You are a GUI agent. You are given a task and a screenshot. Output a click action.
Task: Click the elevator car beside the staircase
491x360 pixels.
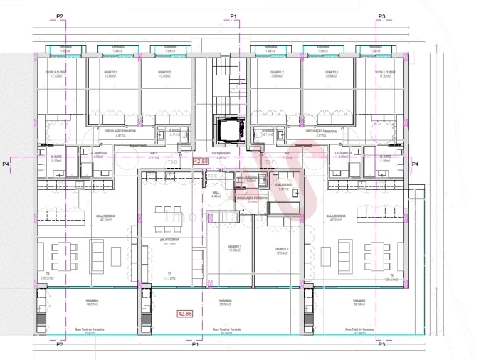(228, 130)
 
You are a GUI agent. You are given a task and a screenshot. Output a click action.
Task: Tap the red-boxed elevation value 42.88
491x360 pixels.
(200, 162)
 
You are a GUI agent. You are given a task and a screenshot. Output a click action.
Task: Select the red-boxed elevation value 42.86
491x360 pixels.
(185, 313)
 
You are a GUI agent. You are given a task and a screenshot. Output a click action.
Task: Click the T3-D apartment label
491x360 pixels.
(172, 162)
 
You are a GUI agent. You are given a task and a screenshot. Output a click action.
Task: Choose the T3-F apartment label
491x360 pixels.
(270, 162)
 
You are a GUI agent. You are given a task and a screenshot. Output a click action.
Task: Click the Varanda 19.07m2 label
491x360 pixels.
(91, 302)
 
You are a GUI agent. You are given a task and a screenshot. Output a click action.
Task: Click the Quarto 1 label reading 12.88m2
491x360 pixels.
(234, 248)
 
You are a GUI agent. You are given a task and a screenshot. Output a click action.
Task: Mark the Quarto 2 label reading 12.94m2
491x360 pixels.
(282, 250)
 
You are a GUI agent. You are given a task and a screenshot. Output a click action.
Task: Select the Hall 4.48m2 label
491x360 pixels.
(217, 194)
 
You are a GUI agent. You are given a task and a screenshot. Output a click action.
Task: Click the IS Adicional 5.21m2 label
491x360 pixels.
(283, 188)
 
